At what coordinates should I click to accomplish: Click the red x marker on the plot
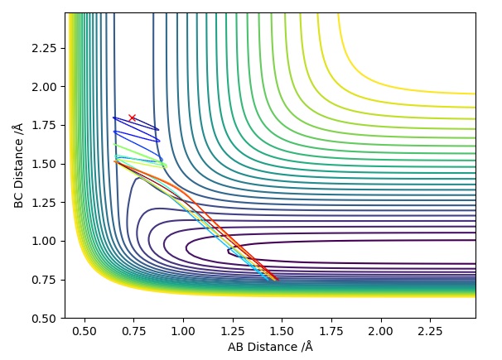(x=132, y=118)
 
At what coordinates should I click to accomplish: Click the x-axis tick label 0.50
(x=84, y=331)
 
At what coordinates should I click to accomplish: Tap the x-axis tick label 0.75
(x=133, y=331)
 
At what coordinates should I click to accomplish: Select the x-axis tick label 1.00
(x=183, y=331)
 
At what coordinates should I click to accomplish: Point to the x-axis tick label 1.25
(x=233, y=331)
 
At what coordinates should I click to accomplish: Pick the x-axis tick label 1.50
(x=282, y=331)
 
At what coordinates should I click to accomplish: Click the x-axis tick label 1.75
(x=331, y=331)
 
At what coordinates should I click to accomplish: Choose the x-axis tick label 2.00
(x=381, y=331)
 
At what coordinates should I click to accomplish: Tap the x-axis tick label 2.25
(x=431, y=331)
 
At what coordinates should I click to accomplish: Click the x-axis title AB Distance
(x=270, y=347)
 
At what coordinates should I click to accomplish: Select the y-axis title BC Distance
(x=18, y=166)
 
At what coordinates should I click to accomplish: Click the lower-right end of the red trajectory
(x=277, y=281)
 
